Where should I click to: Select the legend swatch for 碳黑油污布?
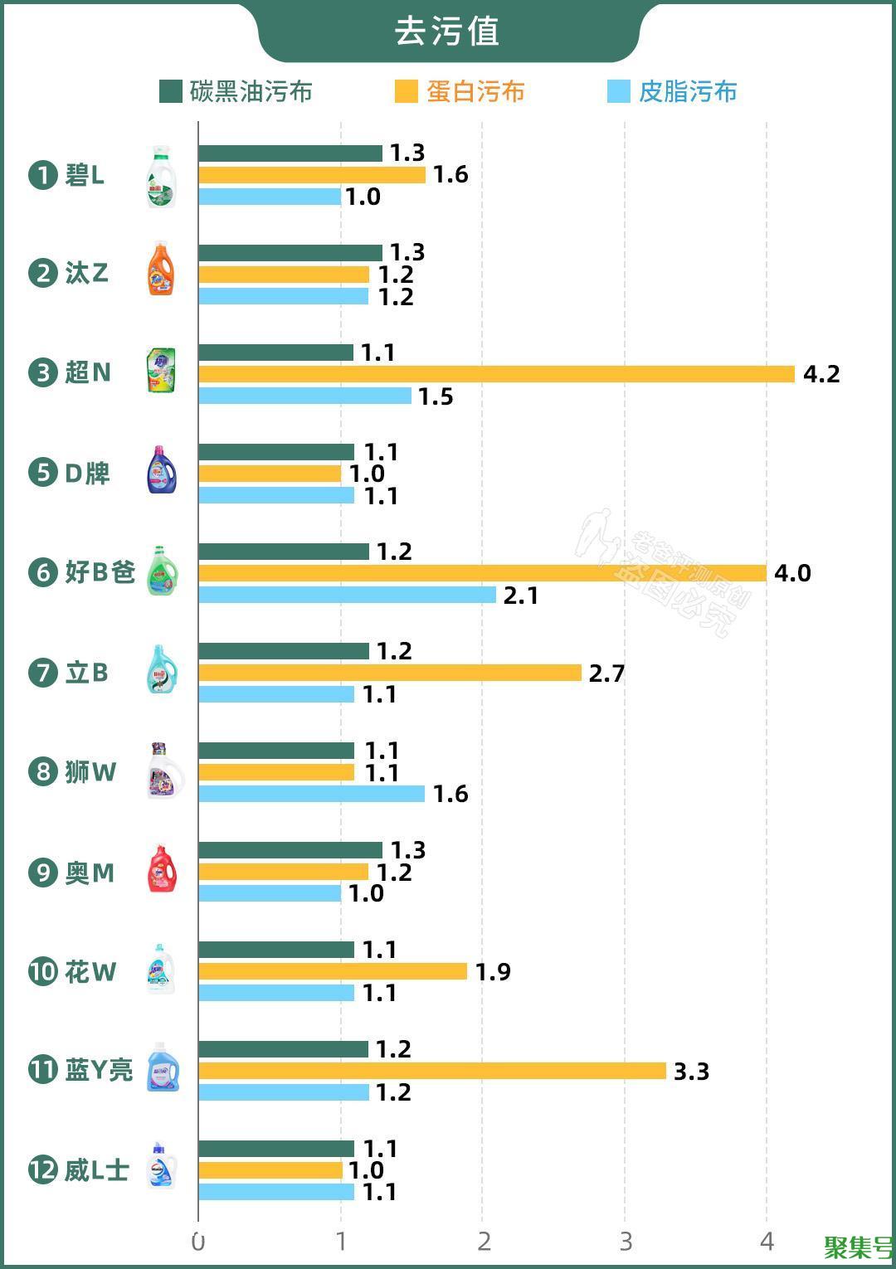(170, 91)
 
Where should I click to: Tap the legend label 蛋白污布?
(475, 91)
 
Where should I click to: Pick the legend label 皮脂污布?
(688, 91)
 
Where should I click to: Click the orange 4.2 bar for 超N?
(496, 374)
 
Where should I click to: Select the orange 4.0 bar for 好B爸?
(482, 573)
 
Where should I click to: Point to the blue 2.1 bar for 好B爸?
(347, 595)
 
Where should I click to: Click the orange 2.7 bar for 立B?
(390, 673)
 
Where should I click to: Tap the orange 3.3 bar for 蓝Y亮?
(432, 1071)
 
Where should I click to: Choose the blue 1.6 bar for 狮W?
(311, 794)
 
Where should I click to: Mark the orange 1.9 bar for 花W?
(333, 971)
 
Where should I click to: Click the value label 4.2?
(821, 374)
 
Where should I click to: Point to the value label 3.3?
(691, 1072)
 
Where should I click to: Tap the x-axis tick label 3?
(626, 1242)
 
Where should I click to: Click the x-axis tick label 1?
(341, 1242)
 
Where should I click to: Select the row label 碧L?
(85, 176)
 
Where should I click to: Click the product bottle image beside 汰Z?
(161, 270)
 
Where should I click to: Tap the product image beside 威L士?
(162, 1166)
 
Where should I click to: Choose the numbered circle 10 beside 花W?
(41, 971)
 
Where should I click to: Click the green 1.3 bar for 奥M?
(290, 850)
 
